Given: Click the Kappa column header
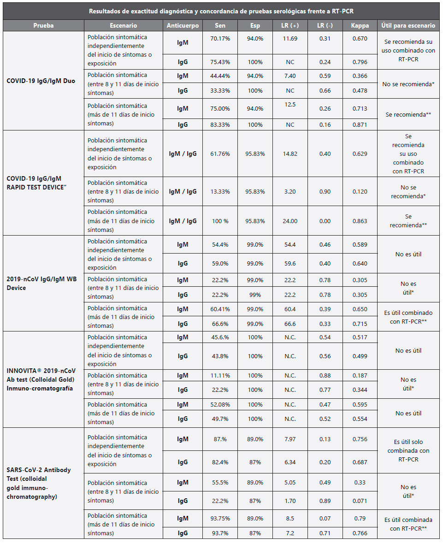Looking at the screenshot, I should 359,26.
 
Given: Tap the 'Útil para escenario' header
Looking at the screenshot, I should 408,26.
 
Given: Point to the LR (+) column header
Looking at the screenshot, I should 290,26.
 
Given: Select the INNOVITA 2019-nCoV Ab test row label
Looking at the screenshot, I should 41,379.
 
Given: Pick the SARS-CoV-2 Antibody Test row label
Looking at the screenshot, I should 39,483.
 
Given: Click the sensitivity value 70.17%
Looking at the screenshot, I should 219,39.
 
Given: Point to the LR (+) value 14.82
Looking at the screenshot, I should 290,154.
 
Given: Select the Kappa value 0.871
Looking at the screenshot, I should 359,124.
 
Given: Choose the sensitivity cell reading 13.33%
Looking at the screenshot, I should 219,192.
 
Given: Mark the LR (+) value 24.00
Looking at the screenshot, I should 290,221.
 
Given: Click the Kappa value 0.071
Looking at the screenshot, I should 359,501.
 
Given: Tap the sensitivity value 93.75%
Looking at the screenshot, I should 219,518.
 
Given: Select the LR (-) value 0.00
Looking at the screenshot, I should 325,221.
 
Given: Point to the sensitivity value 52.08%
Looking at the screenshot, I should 219,404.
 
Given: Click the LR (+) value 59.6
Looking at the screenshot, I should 290,264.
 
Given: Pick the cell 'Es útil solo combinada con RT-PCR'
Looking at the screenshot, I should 408,450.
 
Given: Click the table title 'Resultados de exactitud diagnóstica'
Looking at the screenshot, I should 221,11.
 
